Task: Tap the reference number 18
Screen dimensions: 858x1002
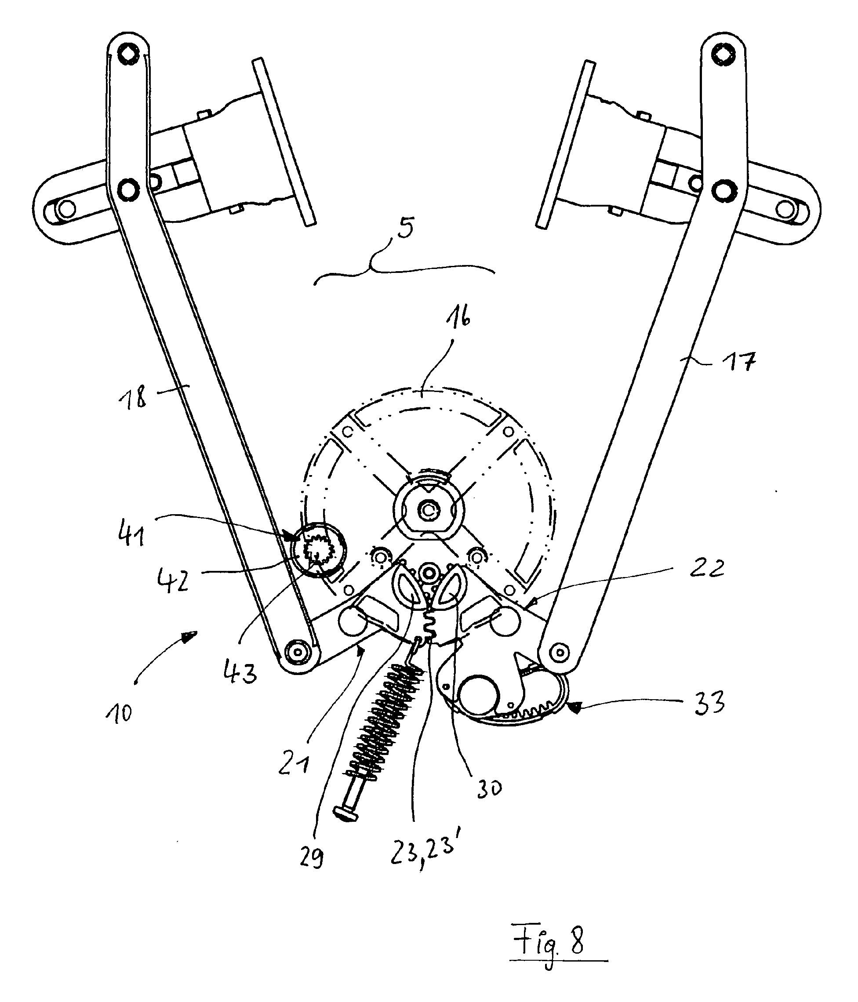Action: pyautogui.click(x=132, y=399)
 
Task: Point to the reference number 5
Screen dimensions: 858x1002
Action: pyautogui.click(x=405, y=228)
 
